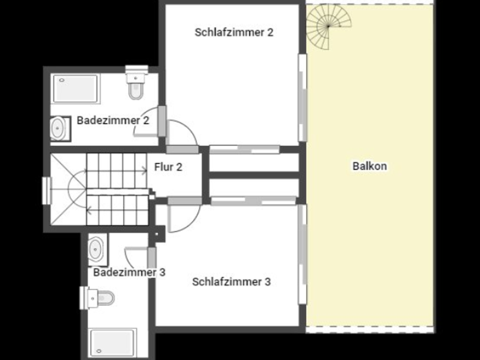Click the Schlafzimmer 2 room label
pos(234,32)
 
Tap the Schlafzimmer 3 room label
pos(231,282)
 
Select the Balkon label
pos(370,166)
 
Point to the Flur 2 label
pos(169,167)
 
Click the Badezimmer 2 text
pos(113,121)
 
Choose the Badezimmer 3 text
pos(129,272)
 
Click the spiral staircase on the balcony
pos(329,26)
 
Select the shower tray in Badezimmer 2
pos(75,89)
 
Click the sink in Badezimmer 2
pos(59,129)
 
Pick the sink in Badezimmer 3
pos(97,249)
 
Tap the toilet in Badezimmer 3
pos(97,298)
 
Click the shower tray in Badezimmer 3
pos(113,342)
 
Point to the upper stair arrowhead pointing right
pos(145,170)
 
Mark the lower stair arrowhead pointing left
pos(89,210)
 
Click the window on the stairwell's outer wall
pos(46,191)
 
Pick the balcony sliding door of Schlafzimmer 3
pos(302,254)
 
